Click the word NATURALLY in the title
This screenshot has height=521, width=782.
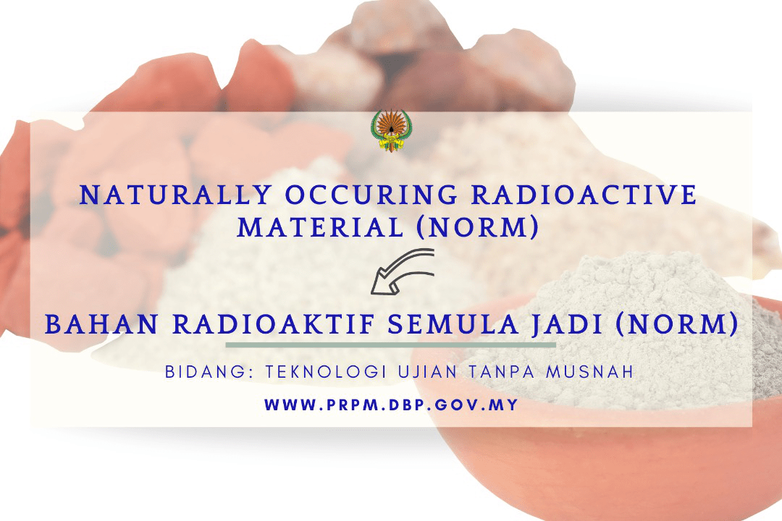176,195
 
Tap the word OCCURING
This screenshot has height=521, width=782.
371,195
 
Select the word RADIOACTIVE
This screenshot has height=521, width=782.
584,195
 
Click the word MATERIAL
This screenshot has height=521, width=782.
320,227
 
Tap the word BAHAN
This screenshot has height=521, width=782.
102,324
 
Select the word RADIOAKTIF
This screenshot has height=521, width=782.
274,324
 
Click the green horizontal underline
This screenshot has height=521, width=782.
390,344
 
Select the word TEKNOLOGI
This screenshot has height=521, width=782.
326,372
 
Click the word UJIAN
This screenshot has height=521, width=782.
427,372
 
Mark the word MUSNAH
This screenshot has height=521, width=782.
589,372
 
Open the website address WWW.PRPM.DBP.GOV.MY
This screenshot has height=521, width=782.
392,404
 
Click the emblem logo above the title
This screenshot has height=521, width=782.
391,131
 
